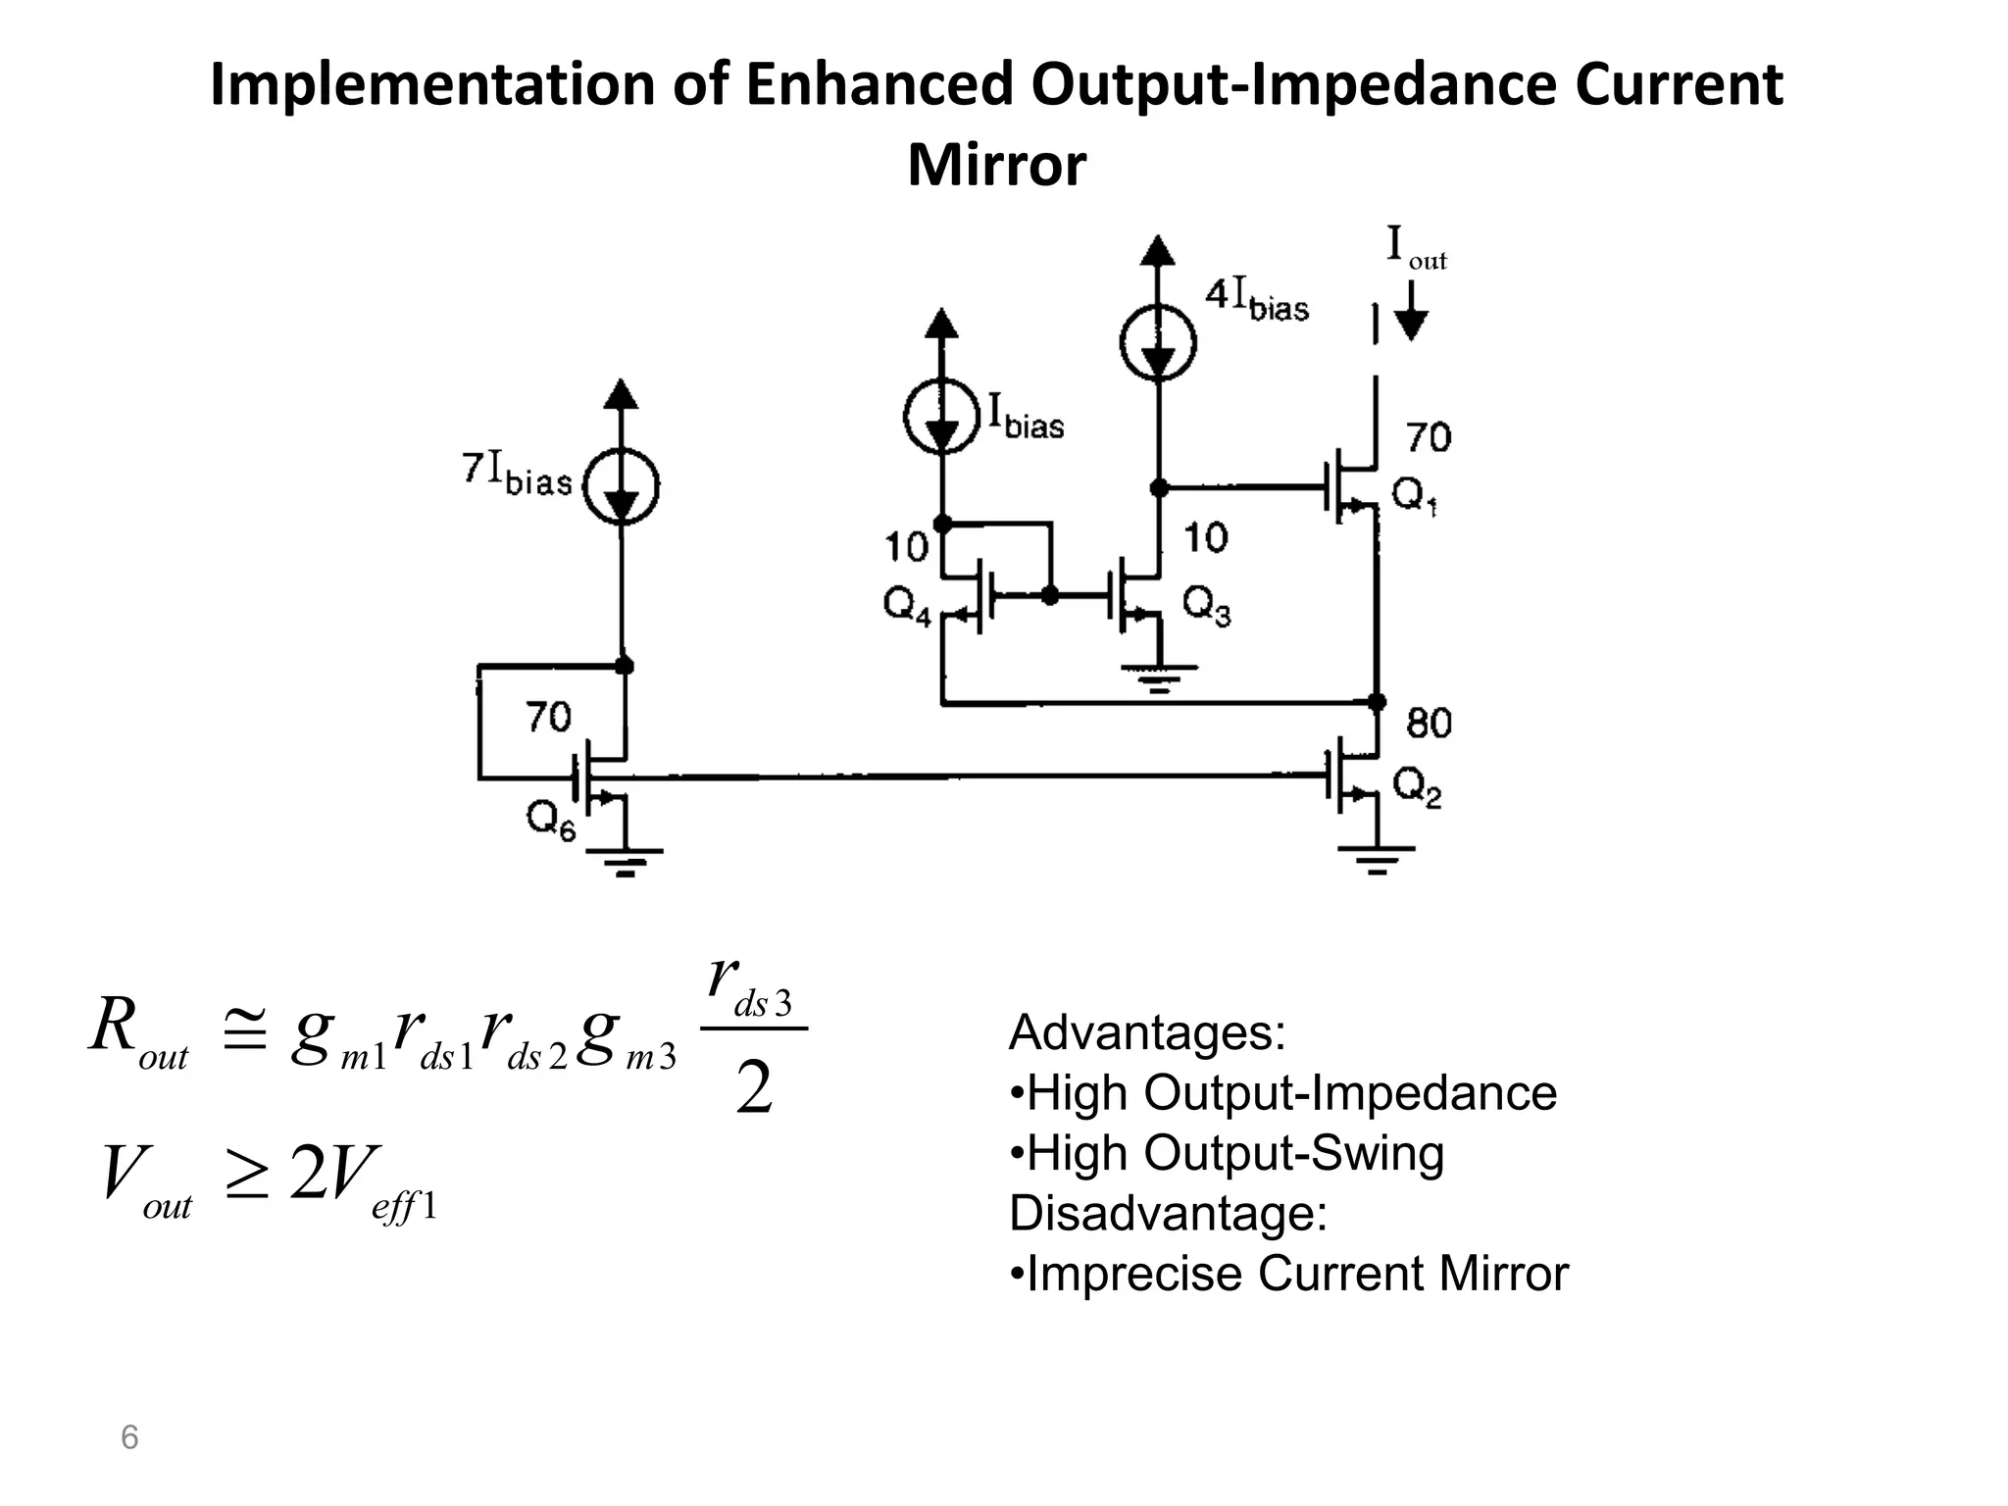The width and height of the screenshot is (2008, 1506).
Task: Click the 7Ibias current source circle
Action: coord(621,484)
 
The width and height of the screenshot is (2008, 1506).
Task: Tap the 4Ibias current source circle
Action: coord(1158,342)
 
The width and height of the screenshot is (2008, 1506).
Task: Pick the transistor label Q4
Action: coord(907,606)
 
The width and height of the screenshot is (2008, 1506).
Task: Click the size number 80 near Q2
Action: coord(1429,724)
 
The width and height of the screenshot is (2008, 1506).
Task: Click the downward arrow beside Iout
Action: coord(1411,312)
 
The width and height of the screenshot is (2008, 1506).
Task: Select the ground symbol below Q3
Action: coord(1159,677)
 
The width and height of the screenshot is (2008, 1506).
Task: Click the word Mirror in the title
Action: coord(996,165)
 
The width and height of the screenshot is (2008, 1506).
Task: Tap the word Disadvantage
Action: coord(1167,1213)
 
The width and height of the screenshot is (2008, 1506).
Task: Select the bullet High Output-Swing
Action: coord(1227,1153)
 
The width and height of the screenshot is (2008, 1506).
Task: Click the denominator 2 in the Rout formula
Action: coord(753,1089)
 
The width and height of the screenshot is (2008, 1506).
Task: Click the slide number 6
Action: coord(128,1438)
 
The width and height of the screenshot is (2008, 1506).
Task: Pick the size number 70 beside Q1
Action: coord(1429,437)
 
